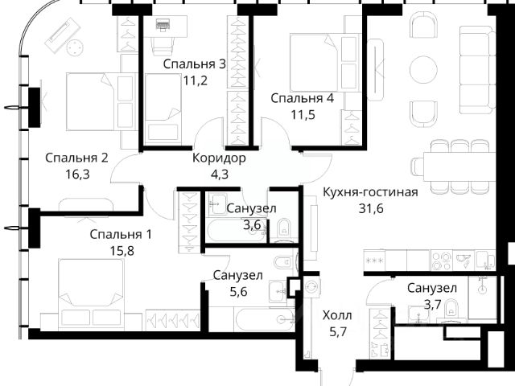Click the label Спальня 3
195,64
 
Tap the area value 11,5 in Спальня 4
303,114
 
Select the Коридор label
219,158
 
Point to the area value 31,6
371,208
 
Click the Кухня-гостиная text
370,192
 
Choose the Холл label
337,315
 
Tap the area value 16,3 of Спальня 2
77,175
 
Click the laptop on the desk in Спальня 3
163,25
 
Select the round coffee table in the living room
424,70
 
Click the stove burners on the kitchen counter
441,261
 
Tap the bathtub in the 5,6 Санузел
266,319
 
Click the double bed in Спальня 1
91,293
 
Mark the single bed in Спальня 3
163,109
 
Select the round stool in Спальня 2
75,48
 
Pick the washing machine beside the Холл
311,286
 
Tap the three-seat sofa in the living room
477,70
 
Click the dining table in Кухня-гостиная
459,166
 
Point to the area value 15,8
122,251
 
